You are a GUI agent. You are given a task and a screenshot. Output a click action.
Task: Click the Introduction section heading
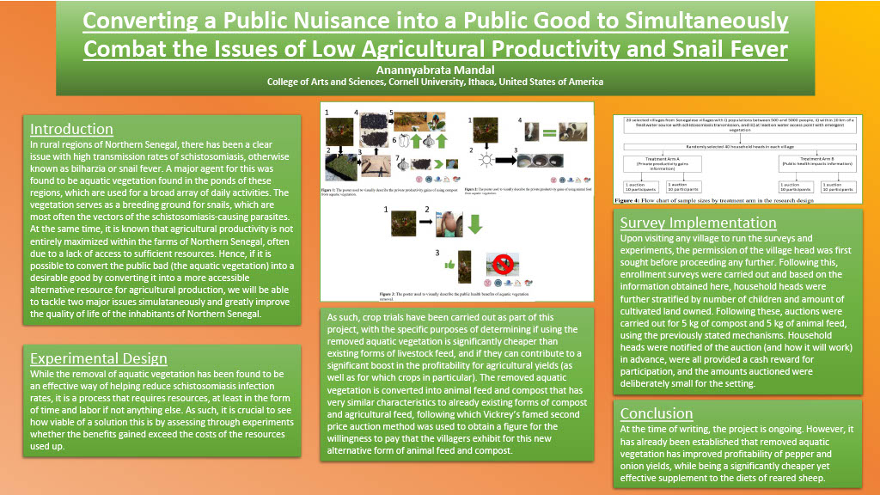[71, 130]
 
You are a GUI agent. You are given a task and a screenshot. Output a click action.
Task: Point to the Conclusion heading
[657, 413]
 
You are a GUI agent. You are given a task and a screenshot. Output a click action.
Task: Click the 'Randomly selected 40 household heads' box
[737, 145]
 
